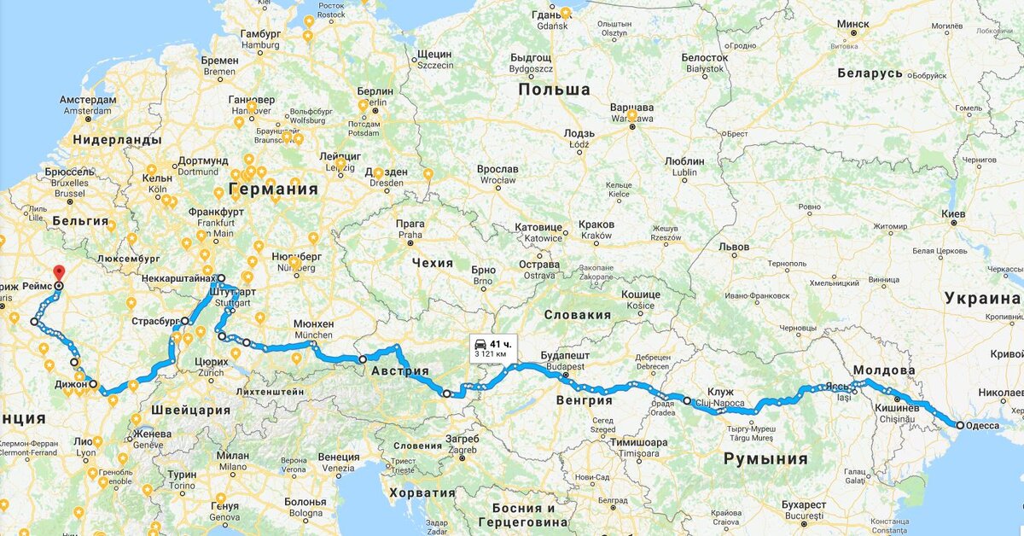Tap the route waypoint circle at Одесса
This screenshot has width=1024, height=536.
pos(960,425)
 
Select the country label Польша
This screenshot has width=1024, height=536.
pos(555,90)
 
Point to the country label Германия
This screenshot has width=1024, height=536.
pos(273,189)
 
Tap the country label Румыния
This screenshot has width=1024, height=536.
pos(765,458)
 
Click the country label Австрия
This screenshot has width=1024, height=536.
pos(399,370)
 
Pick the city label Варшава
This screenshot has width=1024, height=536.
pos(632,108)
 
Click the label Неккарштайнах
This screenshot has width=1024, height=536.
pos(177,278)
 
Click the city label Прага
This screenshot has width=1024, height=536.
pos(410,224)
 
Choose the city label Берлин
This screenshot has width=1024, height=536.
pos(375,91)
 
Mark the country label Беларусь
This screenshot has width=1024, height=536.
pos(870,73)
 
